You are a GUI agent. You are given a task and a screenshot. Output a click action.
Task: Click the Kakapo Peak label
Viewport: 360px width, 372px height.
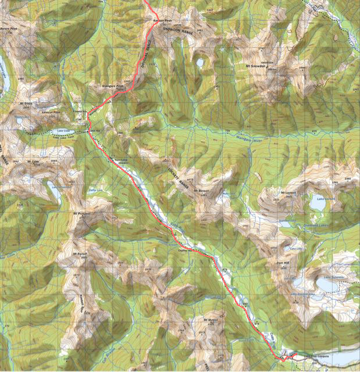click(x=156, y=19)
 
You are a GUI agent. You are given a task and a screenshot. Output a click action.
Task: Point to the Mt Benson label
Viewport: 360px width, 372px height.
click(x=201, y=190)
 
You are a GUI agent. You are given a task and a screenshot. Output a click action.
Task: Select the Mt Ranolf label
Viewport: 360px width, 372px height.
click(x=80, y=255)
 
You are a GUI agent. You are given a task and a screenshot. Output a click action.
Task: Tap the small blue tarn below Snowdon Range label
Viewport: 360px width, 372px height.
click(x=200, y=61)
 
